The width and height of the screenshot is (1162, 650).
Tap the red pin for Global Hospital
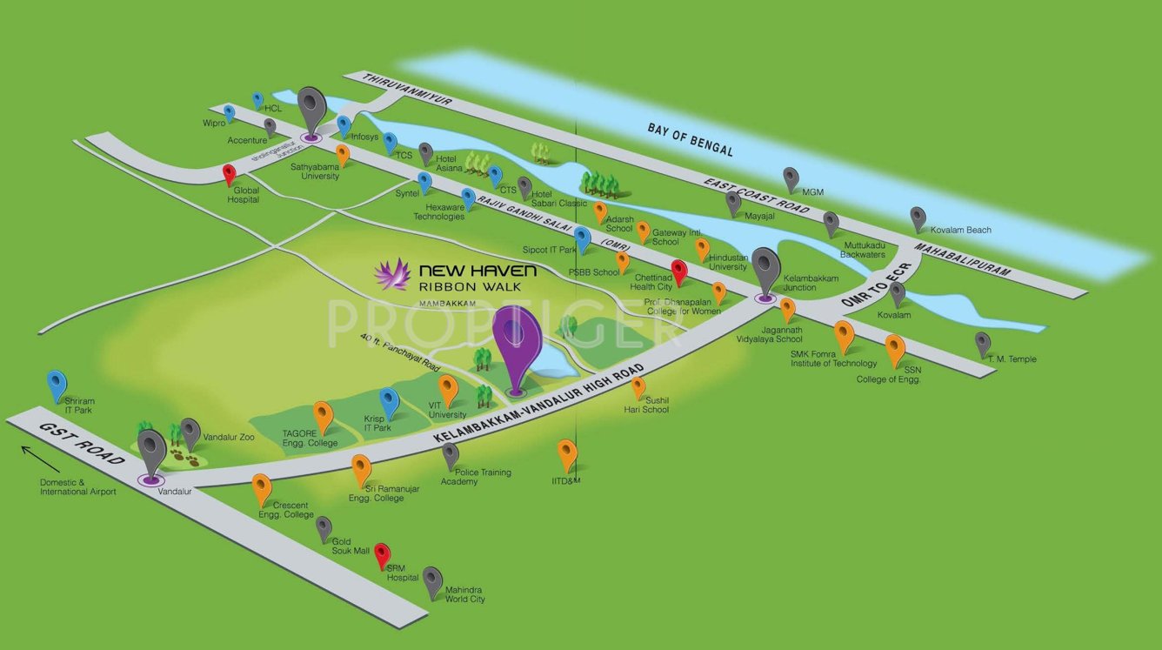(x=230, y=175)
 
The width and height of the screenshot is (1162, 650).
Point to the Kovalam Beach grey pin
(x=918, y=218)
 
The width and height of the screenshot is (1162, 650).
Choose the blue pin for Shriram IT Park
(x=57, y=384)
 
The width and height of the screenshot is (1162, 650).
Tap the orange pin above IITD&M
(x=567, y=453)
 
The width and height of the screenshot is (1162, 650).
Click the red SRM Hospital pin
(x=382, y=554)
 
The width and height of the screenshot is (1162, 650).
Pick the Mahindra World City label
(x=464, y=594)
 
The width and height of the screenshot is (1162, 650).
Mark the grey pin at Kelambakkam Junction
(x=766, y=268)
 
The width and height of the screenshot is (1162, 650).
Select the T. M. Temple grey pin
(x=982, y=344)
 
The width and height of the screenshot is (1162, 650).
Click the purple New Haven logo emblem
(x=392, y=274)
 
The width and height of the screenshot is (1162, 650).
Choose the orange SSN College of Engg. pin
(x=895, y=350)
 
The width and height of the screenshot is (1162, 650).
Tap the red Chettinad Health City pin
(x=679, y=271)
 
